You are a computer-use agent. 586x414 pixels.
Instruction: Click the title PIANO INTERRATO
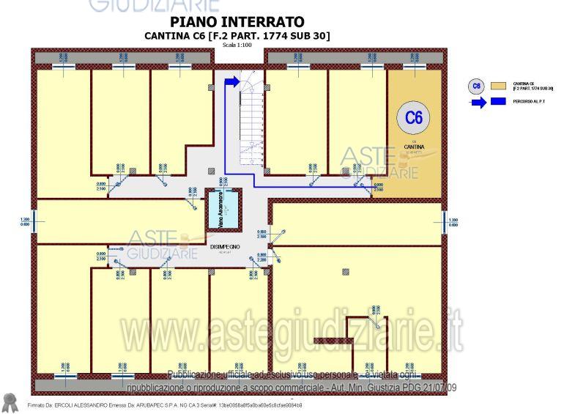pyautogui.click(x=237, y=23)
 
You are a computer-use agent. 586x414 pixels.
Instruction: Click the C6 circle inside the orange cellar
pyautogui.click(x=414, y=117)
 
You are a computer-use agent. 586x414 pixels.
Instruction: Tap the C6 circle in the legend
pyautogui.click(x=477, y=86)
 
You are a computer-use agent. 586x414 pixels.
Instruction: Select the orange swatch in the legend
pyautogui.click(x=500, y=86)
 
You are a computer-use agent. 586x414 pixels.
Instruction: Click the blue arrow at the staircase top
pyautogui.click(x=232, y=82)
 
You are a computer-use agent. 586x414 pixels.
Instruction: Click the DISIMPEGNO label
pyautogui.click(x=225, y=248)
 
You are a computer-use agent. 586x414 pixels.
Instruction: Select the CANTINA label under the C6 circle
pyautogui.click(x=414, y=147)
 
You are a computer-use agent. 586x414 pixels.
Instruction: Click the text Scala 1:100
pyautogui.click(x=237, y=45)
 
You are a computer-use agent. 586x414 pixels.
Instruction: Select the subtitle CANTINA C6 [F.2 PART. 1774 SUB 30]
pyautogui.click(x=237, y=36)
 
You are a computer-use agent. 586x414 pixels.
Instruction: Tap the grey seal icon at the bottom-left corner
pyautogui.click(x=10, y=402)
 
